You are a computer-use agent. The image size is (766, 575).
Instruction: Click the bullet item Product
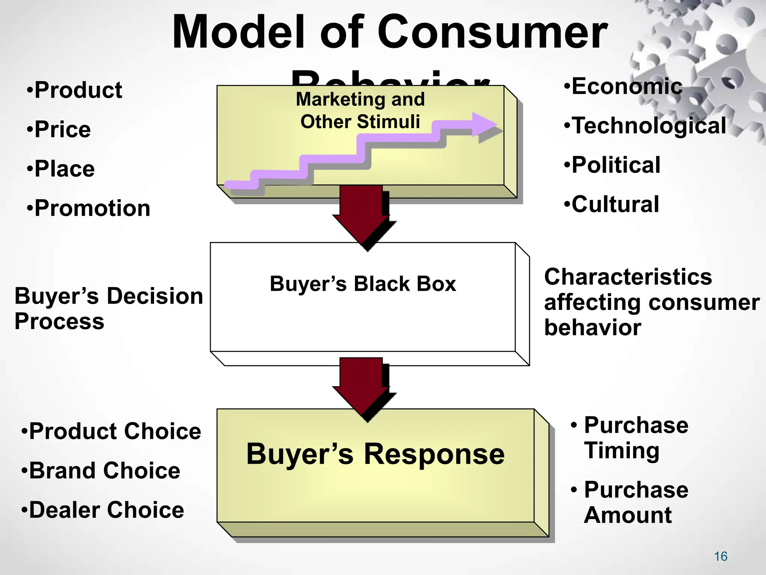[75, 90]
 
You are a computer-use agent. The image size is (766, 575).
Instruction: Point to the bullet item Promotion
[89, 208]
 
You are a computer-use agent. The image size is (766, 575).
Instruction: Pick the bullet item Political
[613, 165]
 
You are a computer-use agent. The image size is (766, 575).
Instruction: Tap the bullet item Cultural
[612, 204]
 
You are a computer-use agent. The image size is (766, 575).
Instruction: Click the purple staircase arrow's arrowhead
[484, 125]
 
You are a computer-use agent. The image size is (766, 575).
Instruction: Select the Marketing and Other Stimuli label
[360, 110]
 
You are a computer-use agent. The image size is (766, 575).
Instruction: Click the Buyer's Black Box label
[363, 284]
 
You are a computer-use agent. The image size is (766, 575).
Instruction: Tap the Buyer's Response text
[375, 454]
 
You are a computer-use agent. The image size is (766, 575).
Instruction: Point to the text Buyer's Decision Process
[108, 308]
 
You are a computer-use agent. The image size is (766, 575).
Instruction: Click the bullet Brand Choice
[101, 471]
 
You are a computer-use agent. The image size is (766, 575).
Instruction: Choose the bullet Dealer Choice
[103, 510]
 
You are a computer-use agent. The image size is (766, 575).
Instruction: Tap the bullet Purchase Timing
[632, 438]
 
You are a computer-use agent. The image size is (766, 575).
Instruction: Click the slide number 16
[720, 557]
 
